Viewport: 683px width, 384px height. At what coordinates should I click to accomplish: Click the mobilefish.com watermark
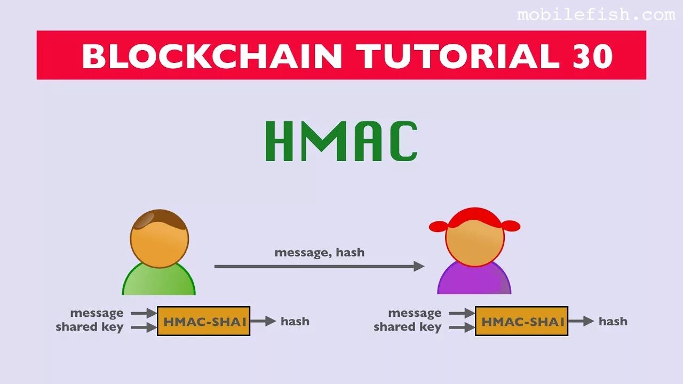tap(595, 15)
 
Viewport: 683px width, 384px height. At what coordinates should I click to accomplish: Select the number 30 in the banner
tap(592, 56)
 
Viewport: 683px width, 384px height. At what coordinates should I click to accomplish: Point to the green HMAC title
tap(341, 141)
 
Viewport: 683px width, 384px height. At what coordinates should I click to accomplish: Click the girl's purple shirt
tap(474, 281)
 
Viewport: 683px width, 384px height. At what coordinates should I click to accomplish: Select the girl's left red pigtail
tap(439, 227)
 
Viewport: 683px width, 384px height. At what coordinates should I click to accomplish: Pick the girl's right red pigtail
tap(511, 226)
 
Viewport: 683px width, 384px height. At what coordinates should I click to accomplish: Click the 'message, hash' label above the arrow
tap(319, 252)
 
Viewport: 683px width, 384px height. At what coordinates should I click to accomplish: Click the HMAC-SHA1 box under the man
tap(203, 321)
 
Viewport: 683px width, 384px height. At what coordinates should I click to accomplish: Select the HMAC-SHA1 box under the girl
tap(521, 321)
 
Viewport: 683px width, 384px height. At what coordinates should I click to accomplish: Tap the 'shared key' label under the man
tap(90, 327)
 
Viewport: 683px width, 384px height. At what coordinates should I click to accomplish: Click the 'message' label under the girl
tap(415, 313)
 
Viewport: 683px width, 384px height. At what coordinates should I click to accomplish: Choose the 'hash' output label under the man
tap(295, 321)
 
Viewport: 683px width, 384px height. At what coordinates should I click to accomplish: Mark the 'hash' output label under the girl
tap(613, 321)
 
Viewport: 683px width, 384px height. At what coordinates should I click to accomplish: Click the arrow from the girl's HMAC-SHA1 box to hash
tap(581, 321)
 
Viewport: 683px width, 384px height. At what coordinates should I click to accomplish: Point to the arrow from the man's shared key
tap(144, 328)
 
